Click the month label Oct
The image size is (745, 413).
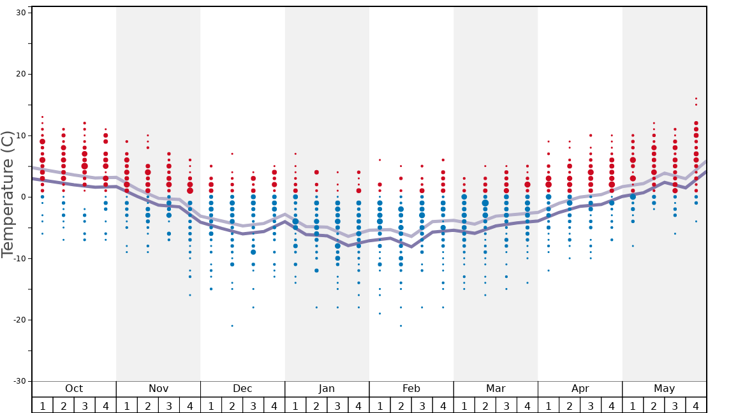[74, 389]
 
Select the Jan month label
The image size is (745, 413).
[327, 389]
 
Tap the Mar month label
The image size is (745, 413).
[496, 389]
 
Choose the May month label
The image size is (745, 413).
[664, 389]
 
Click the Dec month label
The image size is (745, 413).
[242, 389]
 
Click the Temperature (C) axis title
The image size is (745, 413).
[8, 194]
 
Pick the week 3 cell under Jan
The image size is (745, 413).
[337, 405]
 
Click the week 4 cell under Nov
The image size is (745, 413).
[190, 405]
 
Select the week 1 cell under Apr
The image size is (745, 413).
[548, 405]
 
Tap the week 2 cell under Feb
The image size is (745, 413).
[401, 405]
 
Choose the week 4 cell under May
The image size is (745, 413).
[696, 405]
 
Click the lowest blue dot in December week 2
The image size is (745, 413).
[232, 326]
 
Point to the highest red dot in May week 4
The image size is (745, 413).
[696, 99]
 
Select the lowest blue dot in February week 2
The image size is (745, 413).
[401, 326]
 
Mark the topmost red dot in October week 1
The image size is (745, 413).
[42, 117]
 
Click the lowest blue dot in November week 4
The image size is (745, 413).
[190, 295]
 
